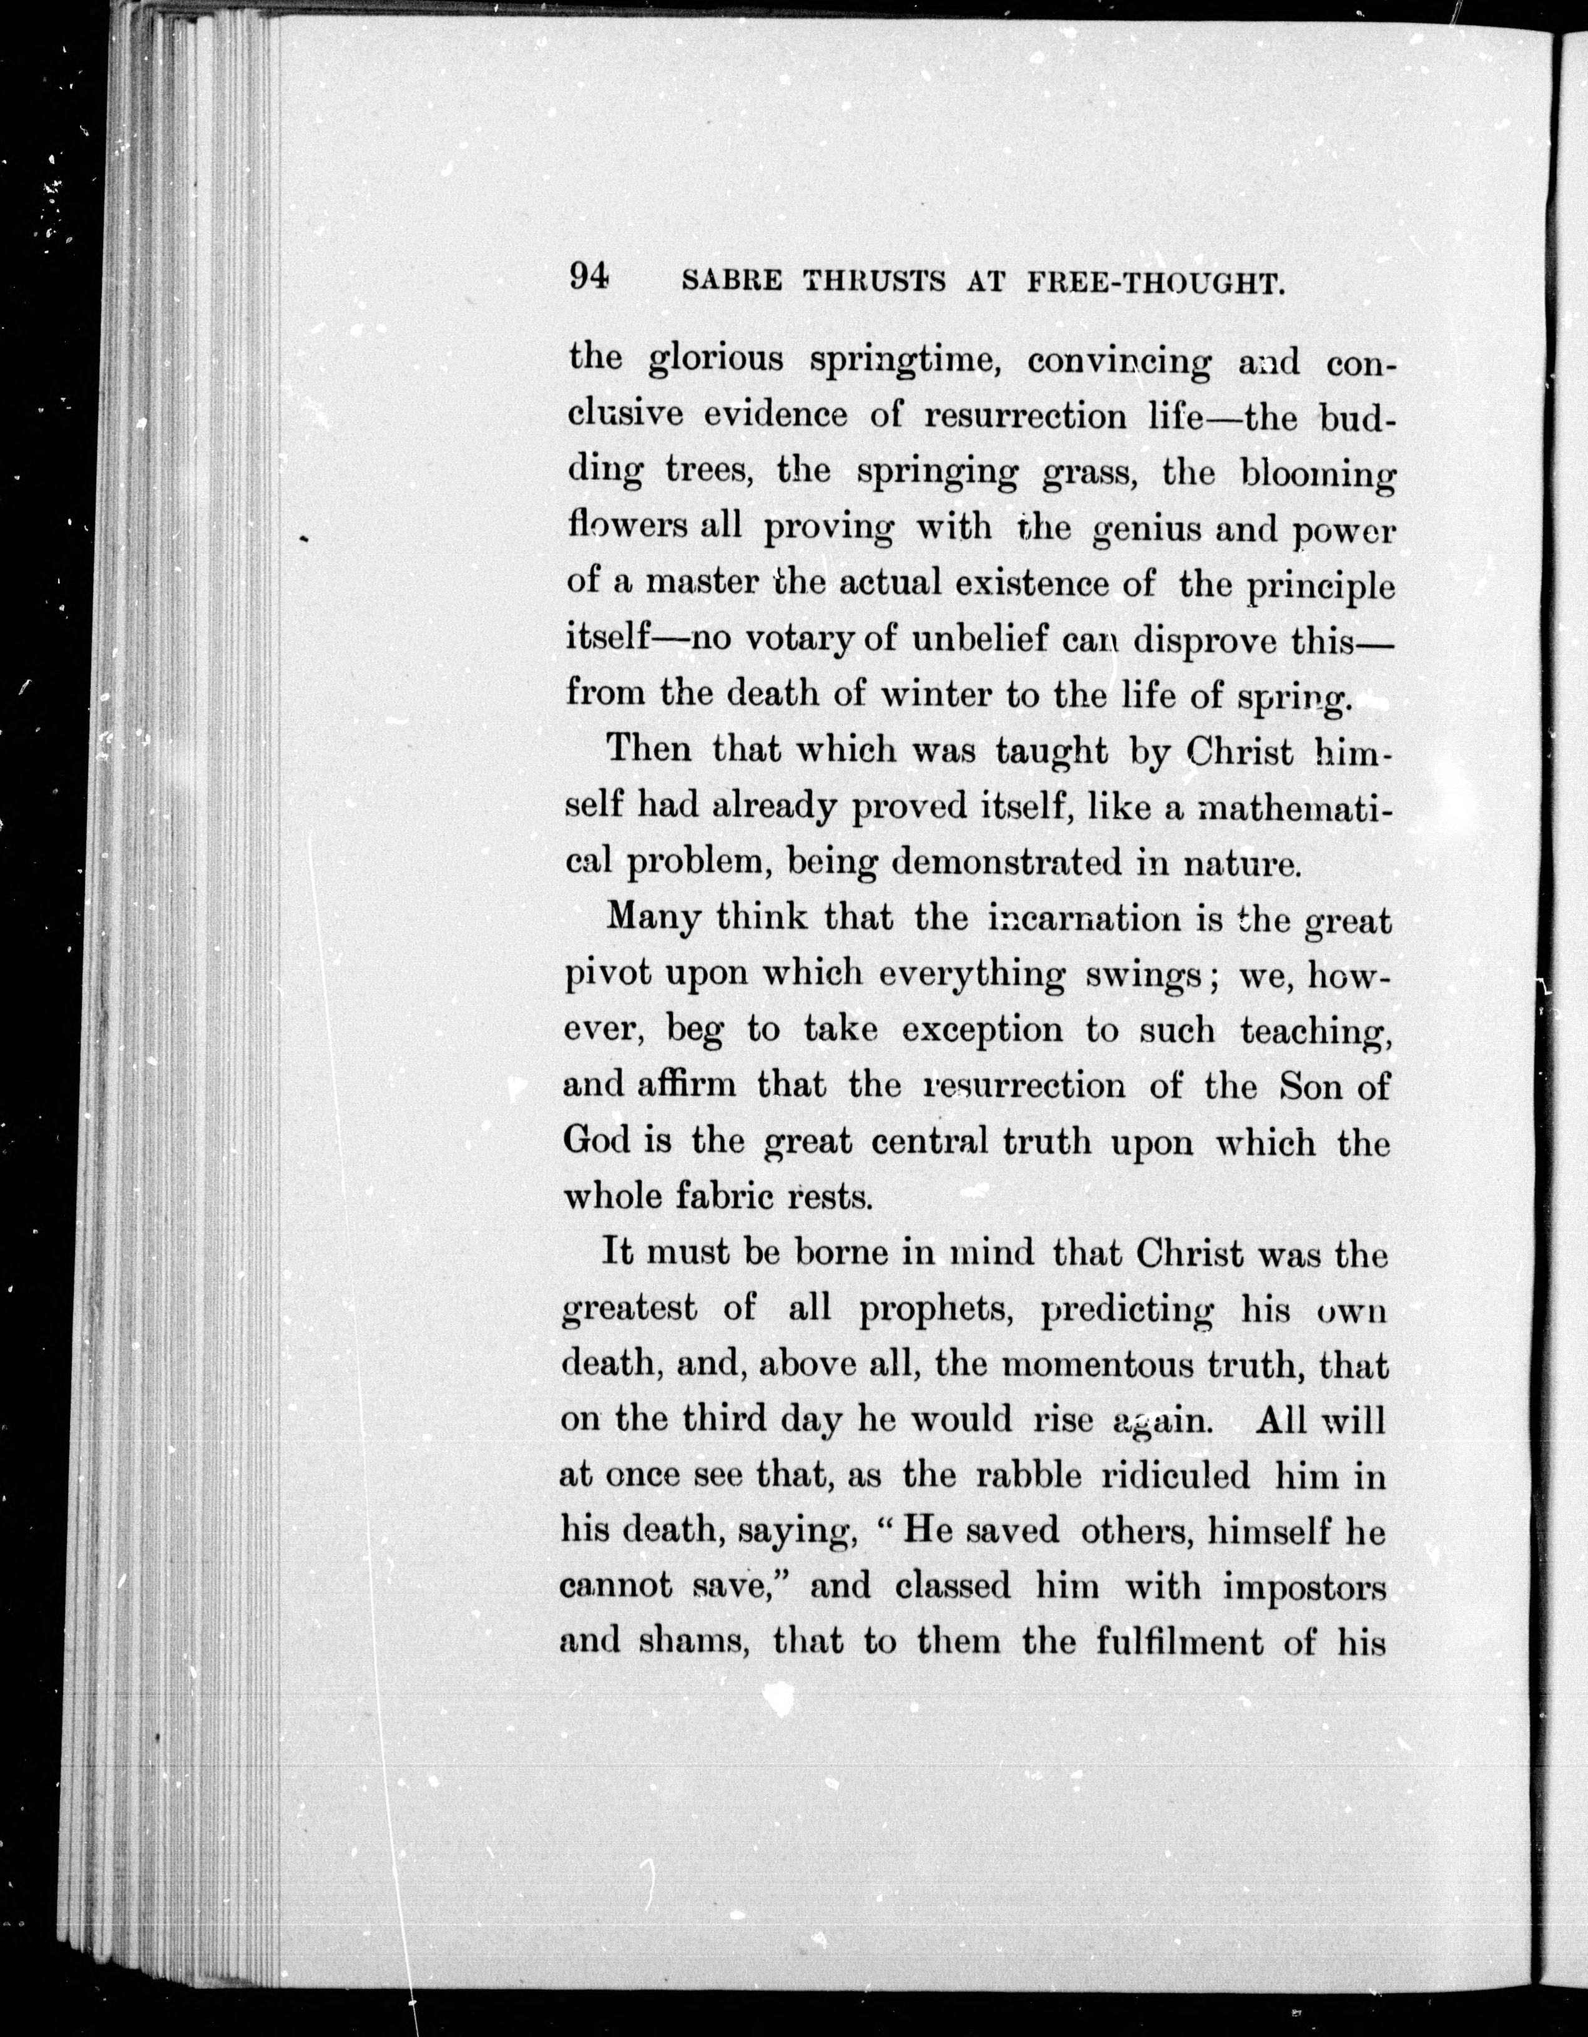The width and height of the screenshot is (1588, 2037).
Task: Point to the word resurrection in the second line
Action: [1024, 416]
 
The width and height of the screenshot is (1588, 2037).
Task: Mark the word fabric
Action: [718, 1196]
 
